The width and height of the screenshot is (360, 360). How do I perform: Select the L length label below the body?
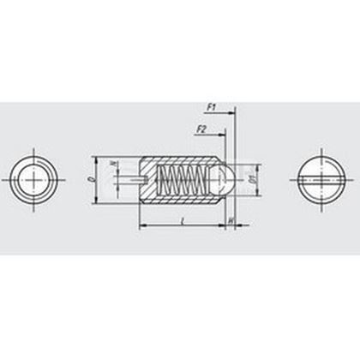184,220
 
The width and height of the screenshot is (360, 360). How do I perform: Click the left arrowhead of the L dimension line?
142,226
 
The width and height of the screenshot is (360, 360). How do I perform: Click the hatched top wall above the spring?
180,160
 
